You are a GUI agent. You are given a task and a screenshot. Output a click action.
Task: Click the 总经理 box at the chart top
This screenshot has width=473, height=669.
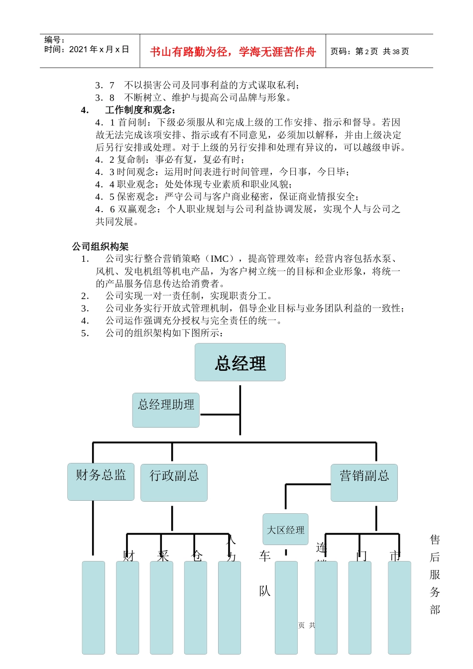[240, 362]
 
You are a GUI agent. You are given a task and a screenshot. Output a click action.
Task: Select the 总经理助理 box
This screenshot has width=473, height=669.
[166, 410]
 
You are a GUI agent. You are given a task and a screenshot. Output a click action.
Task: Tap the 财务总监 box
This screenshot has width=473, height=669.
[101, 482]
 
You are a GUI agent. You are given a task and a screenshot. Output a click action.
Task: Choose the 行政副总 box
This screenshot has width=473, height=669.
[174, 482]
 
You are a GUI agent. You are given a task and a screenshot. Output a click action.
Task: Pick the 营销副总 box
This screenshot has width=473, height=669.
[364, 482]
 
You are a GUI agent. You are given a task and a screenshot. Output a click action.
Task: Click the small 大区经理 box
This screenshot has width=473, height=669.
[285, 530]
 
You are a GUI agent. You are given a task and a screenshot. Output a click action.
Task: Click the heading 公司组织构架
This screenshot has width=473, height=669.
[100, 246]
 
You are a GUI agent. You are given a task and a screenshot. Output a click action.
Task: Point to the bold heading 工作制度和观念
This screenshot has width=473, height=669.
[140, 110]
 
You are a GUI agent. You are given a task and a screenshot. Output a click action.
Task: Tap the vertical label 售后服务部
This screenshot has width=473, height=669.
[435, 574]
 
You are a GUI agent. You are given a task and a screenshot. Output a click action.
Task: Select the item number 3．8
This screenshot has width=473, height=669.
[105, 98]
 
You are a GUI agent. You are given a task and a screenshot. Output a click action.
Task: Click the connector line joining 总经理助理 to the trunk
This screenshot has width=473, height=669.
[220, 414]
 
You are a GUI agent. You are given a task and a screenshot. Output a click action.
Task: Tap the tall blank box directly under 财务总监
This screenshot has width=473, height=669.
[93, 607]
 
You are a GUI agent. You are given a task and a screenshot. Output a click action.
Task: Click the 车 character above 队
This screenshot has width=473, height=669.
[264, 557]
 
